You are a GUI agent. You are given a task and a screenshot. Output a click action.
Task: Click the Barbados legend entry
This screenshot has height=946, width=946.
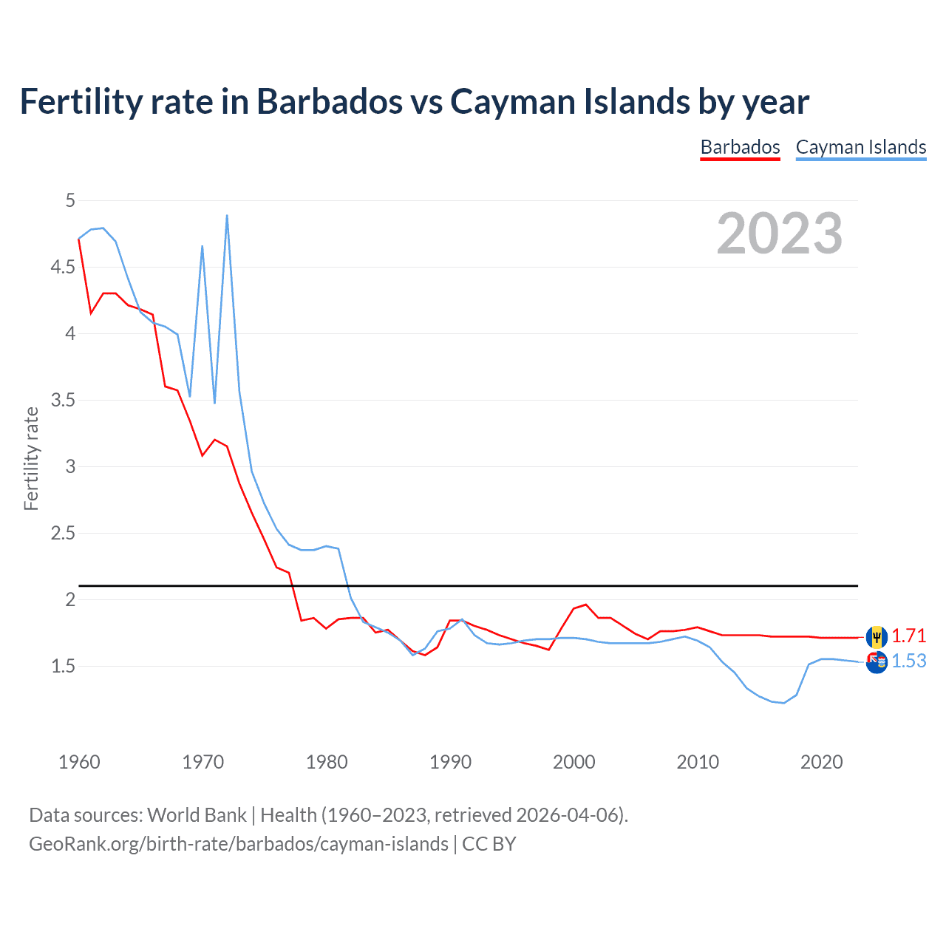(740, 147)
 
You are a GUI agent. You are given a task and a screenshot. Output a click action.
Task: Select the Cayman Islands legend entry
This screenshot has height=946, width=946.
(861, 147)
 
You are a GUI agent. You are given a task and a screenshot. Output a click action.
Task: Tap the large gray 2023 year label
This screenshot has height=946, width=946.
(780, 234)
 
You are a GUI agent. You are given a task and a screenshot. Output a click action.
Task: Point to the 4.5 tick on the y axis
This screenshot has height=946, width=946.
(63, 267)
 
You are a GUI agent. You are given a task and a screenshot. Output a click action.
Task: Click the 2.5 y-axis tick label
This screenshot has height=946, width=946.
(63, 533)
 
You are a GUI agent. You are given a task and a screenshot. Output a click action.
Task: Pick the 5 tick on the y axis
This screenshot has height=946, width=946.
(70, 200)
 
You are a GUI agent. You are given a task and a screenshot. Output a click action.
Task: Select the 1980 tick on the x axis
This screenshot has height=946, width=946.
(327, 762)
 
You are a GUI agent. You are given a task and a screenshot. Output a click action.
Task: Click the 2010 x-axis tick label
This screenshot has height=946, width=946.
(698, 762)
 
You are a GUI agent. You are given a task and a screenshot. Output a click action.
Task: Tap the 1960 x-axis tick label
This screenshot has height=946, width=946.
(79, 762)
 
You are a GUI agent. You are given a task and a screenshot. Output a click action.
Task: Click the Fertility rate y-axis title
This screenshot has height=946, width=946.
(31, 458)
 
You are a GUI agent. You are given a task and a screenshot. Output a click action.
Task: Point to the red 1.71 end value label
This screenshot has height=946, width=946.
(909, 636)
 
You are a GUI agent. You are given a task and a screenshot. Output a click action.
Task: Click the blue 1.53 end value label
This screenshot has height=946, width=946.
(909, 661)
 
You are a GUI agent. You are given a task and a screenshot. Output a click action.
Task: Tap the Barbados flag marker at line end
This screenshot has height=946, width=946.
(877, 636)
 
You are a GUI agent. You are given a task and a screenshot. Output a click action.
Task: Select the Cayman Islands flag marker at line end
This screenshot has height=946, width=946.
(877, 662)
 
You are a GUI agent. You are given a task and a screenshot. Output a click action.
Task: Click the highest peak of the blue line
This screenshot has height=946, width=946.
(227, 216)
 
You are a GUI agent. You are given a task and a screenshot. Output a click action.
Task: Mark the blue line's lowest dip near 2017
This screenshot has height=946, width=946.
(783, 703)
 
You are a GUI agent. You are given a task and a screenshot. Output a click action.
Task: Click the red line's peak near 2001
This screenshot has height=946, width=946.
(586, 605)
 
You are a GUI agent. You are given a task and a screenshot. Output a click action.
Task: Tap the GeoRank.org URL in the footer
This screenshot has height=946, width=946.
(239, 844)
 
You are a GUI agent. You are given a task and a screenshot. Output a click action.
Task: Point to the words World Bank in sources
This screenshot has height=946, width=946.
(197, 815)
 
